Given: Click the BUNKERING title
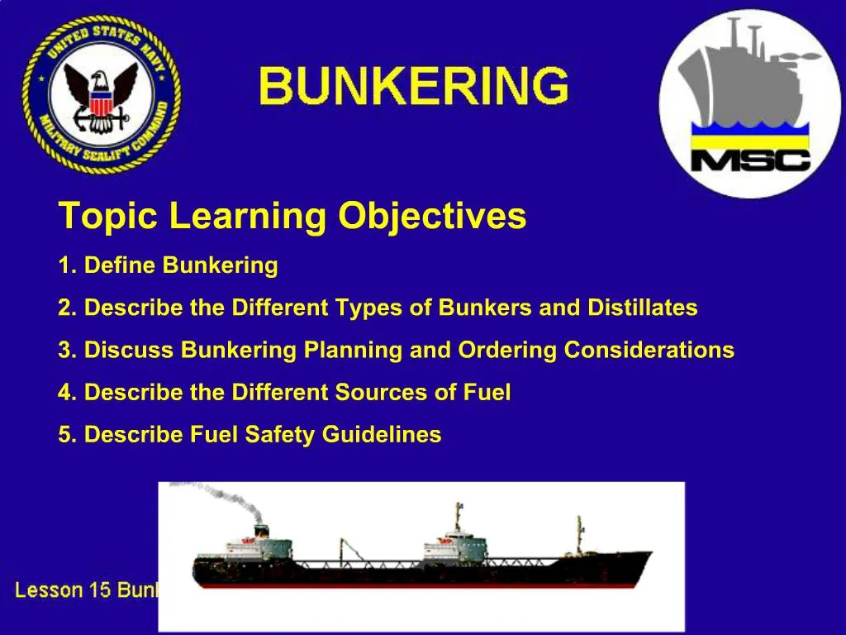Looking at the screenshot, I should [414, 87].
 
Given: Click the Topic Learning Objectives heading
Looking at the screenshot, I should [292, 217].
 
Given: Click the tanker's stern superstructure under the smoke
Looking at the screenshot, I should [264, 546].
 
